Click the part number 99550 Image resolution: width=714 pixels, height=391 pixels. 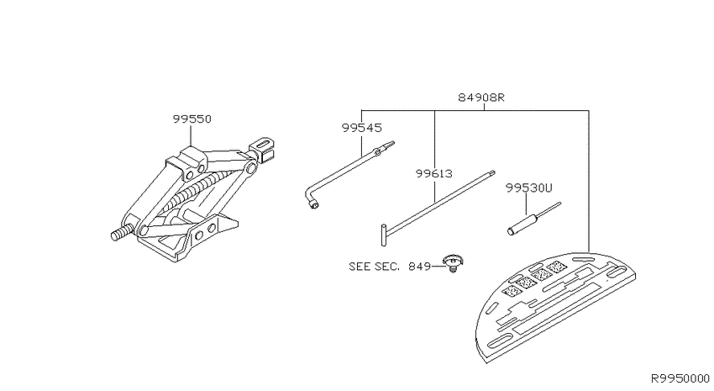[x=192, y=119]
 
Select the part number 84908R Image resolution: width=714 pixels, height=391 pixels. [x=480, y=98]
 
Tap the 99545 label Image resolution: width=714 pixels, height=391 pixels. [x=361, y=128]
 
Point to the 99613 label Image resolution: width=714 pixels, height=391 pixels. [x=434, y=173]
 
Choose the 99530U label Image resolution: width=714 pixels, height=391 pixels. [x=528, y=188]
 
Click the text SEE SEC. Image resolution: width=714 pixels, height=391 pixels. [x=374, y=267]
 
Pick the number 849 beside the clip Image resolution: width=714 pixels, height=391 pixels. [x=419, y=267]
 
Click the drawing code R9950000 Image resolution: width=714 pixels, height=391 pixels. [x=680, y=378]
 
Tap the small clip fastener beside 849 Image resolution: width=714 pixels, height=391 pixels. [x=453, y=263]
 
